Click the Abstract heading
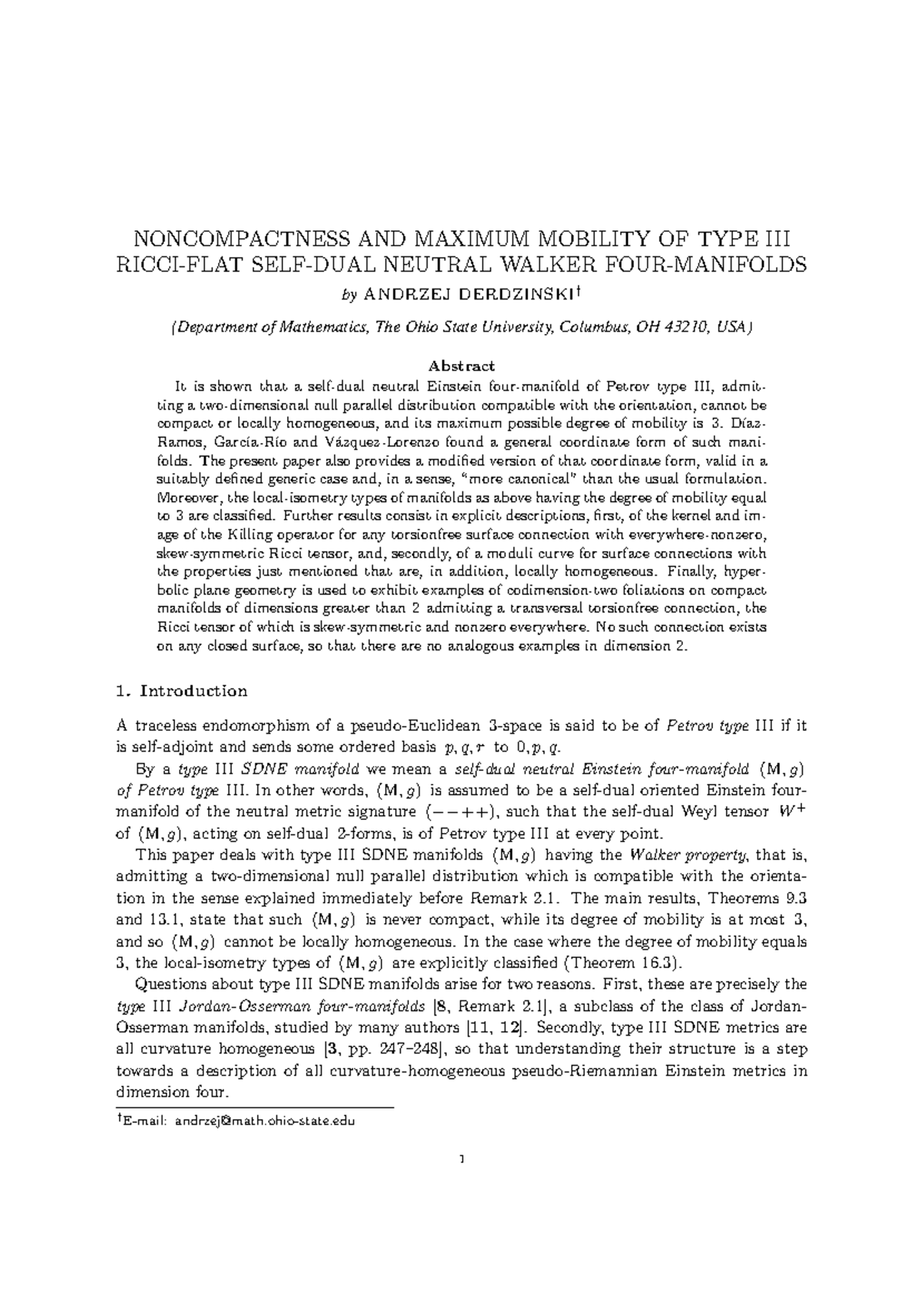pos(460,365)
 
